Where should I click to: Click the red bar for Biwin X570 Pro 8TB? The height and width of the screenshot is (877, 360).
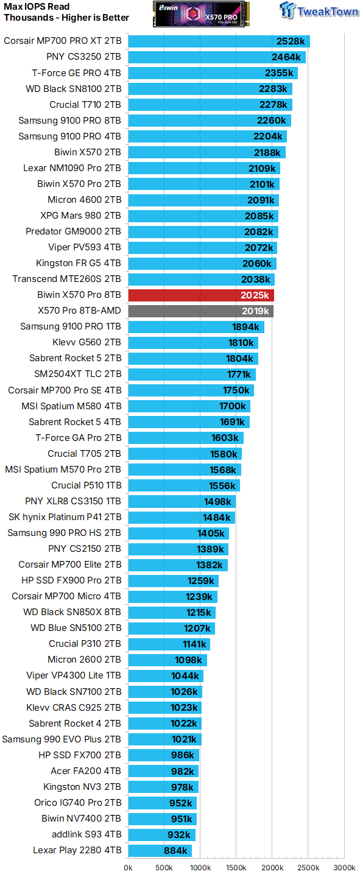pos(201,295)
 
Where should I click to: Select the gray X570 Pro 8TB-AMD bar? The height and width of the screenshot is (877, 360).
pos(200,311)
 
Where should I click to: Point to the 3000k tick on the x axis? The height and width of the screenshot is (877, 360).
pos(344,867)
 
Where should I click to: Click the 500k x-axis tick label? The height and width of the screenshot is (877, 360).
pos(164,867)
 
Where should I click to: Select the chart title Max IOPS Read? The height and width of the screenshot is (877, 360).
pos(37,7)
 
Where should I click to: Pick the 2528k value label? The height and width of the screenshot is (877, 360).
pos(291,41)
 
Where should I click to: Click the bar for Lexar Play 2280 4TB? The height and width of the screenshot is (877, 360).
pos(160,851)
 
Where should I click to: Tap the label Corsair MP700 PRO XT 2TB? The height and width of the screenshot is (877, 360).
pos(62,41)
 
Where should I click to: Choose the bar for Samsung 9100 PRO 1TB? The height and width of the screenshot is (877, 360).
pos(196,327)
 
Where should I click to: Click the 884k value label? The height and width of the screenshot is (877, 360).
pos(176,851)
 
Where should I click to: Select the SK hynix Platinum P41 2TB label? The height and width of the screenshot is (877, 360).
pos(65,517)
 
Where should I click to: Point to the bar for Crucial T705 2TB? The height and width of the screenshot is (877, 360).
pos(185,454)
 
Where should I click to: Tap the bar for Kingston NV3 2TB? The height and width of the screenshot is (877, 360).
pos(163,787)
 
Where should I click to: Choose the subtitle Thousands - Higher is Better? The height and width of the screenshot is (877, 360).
pos(66,18)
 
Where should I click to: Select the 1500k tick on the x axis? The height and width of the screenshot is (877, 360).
pos(236,867)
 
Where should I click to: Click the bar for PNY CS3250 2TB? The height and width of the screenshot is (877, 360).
pos(217,57)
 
